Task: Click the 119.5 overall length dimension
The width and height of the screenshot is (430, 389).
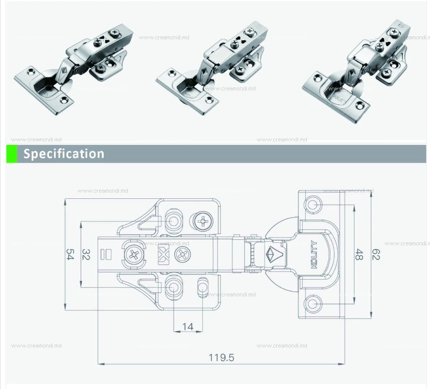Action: click(221, 357)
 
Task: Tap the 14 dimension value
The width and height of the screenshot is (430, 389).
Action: click(188, 326)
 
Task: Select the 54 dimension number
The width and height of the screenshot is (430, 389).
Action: click(70, 254)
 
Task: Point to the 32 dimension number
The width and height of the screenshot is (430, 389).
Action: click(86, 254)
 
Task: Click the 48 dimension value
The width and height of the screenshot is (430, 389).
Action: click(359, 255)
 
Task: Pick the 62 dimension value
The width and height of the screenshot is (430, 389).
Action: click(376, 255)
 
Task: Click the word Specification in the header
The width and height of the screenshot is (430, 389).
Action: click(64, 154)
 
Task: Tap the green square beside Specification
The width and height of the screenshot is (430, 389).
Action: click(12, 154)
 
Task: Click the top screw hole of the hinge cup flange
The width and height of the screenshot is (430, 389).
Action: click(312, 205)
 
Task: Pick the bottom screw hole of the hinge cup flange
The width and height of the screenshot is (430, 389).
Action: click(312, 305)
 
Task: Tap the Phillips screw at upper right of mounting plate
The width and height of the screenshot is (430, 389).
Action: click(203, 222)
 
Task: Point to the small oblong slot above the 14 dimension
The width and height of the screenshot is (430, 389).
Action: click(203, 287)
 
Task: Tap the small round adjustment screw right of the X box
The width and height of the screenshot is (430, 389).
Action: click(181, 254)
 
